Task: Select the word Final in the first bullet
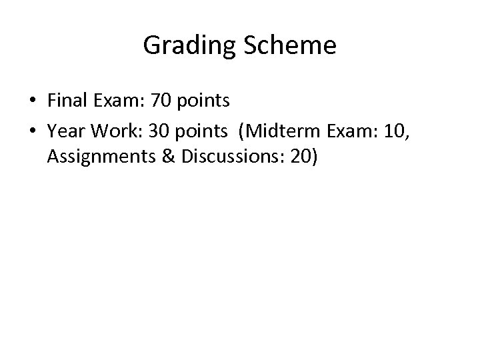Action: click(x=64, y=101)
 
